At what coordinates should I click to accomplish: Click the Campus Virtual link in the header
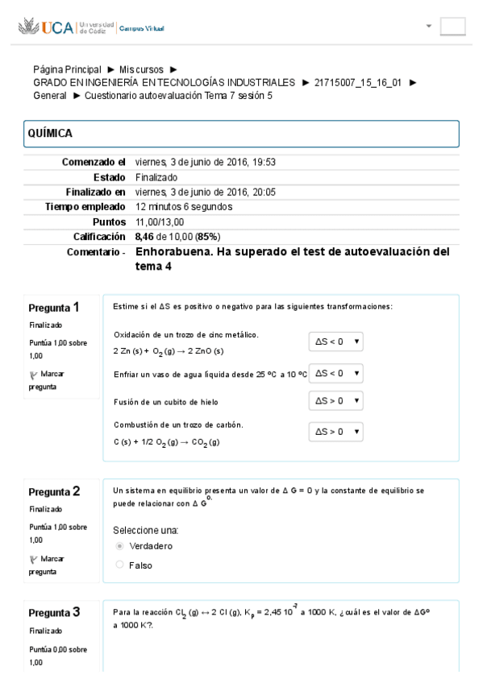tap(142, 28)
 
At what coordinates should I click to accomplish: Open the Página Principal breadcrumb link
tap(67, 70)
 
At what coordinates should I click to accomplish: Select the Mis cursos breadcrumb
tap(143, 70)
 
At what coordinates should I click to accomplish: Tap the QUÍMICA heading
tap(50, 134)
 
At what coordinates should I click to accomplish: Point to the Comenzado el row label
tap(94, 162)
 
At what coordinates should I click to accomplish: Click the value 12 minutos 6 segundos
tap(184, 207)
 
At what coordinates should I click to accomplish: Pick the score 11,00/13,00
tap(160, 221)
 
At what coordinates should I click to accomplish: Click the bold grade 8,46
tap(145, 237)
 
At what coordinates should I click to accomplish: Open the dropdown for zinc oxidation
tap(335, 341)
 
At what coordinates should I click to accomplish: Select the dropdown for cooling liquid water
tap(335, 373)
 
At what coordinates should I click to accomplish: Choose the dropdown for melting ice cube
tap(335, 400)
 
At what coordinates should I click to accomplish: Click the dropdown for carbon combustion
tap(335, 432)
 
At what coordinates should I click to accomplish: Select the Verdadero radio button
tap(120, 546)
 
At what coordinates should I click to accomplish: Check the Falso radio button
tap(120, 565)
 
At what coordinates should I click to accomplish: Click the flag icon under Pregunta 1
tap(33, 374)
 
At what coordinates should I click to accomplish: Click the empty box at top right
tap(452, 27)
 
